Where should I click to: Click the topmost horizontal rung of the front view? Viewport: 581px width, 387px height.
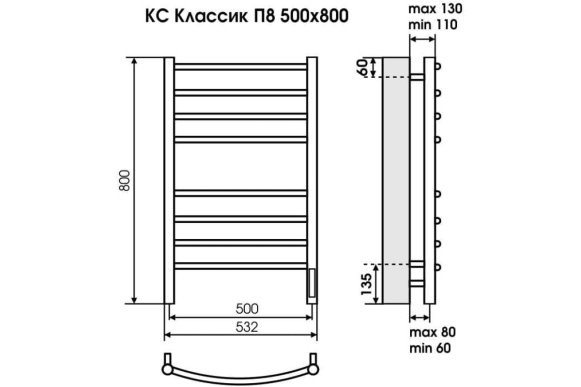click(240, 69)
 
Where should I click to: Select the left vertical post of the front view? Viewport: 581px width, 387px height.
click(169, 181)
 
